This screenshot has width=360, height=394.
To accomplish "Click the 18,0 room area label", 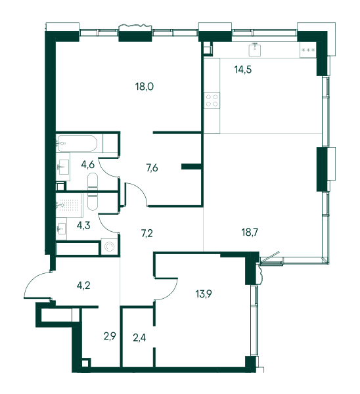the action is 145,87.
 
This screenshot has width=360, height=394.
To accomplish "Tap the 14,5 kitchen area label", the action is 243,70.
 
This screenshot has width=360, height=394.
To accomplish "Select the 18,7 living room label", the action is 250,232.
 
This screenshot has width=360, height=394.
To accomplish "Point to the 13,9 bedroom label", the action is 204,294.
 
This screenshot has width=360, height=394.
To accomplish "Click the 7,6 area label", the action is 152,167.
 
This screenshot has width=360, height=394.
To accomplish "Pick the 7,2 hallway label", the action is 146,233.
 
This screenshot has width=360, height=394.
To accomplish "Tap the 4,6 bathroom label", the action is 88,165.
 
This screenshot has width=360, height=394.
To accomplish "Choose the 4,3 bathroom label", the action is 83,226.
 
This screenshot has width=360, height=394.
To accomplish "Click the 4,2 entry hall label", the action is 83,286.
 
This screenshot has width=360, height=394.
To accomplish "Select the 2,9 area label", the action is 110,336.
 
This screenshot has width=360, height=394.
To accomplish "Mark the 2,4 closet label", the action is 139,338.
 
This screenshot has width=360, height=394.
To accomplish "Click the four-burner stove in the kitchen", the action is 212,100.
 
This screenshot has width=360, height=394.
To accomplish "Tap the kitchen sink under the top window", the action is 255,50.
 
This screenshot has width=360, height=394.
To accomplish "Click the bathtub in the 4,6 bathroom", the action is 77,143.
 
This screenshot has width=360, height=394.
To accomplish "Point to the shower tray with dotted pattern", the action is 70,206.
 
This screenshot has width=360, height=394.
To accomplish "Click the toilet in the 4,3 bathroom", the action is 92,202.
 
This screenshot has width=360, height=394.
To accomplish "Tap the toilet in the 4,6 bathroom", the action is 92,182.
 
